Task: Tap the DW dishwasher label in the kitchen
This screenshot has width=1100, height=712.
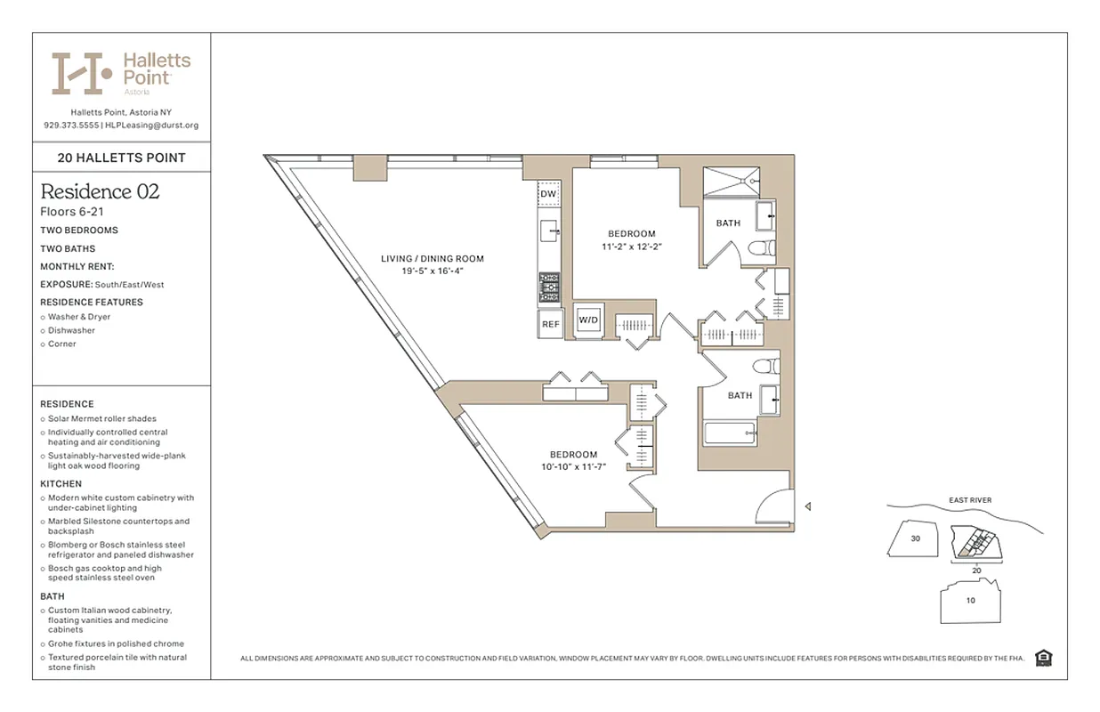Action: tap(548, 194)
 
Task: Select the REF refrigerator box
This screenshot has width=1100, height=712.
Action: tap(550, 324)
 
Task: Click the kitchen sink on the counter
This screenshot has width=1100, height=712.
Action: tap(549, 231)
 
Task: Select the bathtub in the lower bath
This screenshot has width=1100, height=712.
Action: tap(730, 434)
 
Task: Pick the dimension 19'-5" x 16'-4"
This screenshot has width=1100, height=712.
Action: tap(433, 271)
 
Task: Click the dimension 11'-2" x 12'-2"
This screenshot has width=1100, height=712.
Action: tap(633, 246)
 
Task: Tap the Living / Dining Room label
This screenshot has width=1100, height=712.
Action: tap(433, 259)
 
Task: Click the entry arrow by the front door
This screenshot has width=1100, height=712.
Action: tap(807, 506)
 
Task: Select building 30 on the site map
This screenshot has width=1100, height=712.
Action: tap(915, 538)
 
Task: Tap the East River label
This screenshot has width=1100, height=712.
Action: tap(970, 500)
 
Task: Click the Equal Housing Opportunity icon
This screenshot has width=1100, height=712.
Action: tap(1044, 659)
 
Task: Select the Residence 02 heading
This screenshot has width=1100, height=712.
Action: tap(100, 191)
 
